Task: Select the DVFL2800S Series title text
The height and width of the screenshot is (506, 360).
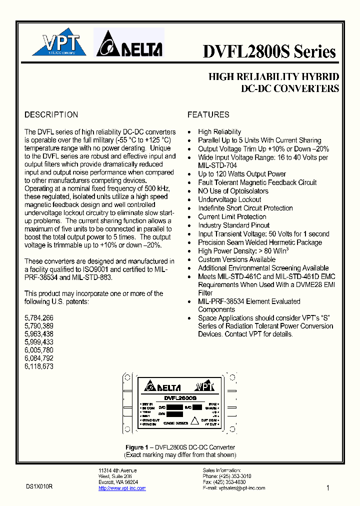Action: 269,51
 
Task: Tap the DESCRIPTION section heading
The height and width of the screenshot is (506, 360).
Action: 51,114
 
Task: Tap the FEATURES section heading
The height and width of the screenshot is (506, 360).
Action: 208,114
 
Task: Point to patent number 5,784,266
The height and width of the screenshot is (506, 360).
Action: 39,317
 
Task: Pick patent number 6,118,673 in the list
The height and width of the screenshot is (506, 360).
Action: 39,366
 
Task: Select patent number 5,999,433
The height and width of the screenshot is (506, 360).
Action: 39,342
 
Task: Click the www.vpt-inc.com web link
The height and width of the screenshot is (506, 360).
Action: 118,488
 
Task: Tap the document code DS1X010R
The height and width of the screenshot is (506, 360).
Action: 39,486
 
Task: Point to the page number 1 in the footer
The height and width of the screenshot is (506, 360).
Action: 328,488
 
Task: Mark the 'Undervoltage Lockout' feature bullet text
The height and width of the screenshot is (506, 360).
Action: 229,199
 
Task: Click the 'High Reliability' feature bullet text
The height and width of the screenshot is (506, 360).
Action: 219,131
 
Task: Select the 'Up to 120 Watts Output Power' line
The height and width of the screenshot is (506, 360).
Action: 242,174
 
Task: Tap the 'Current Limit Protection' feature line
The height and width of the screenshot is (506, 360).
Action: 232,216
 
